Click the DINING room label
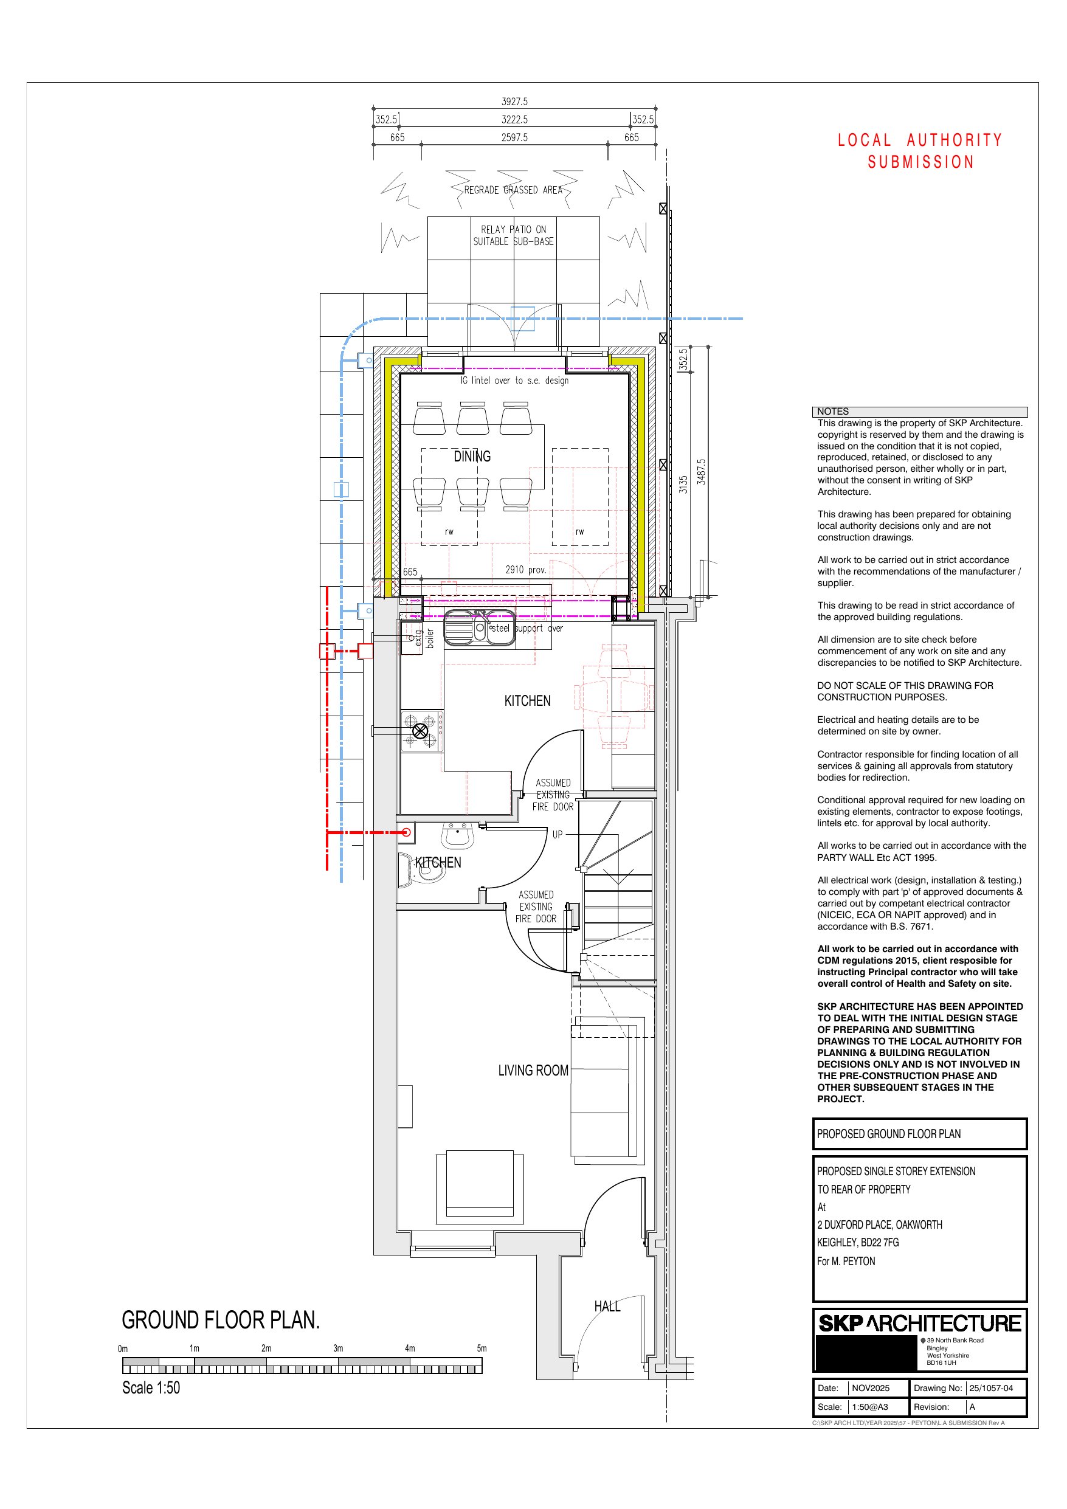coord(472,456)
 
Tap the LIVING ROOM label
coord(533,1071)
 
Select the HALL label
coord(607,1306)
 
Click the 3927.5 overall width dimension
coord(515,102)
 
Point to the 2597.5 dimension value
coord(515,137)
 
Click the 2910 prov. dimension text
coord(526,570)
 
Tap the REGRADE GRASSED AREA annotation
coord(514,190)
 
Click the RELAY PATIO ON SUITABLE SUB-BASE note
coord(514,235)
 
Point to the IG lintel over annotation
coord(515,381)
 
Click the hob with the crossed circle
coord(421,731)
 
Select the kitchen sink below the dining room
coord(480,627)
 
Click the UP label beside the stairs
coord(558,835)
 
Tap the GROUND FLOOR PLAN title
coord(221,1320)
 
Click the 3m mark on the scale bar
coord(338,1348)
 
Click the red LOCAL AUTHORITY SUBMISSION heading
coord(920,151)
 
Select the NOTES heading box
coord(920,412)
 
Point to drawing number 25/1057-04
coord(991,1388)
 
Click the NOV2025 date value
coord(871,1388)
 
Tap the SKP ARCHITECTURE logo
coord(920,1323)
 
